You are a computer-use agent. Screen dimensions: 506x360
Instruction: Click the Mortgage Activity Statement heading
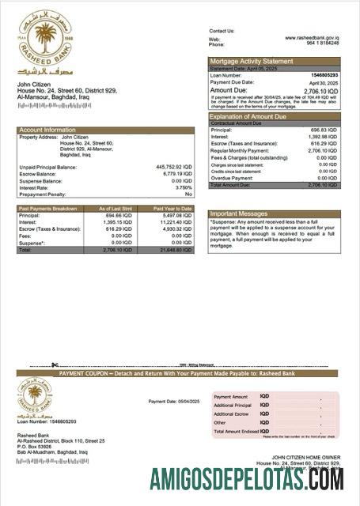(251, 61)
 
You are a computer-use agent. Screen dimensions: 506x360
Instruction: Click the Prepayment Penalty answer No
(188, 194)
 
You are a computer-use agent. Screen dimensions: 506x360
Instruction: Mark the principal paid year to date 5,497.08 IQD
(176, 215)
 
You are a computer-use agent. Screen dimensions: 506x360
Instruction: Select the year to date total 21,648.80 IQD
(175, 249)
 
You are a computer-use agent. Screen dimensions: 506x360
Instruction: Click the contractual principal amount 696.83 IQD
(324, 130)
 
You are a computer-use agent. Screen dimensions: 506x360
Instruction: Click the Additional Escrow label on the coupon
(232, 413)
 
